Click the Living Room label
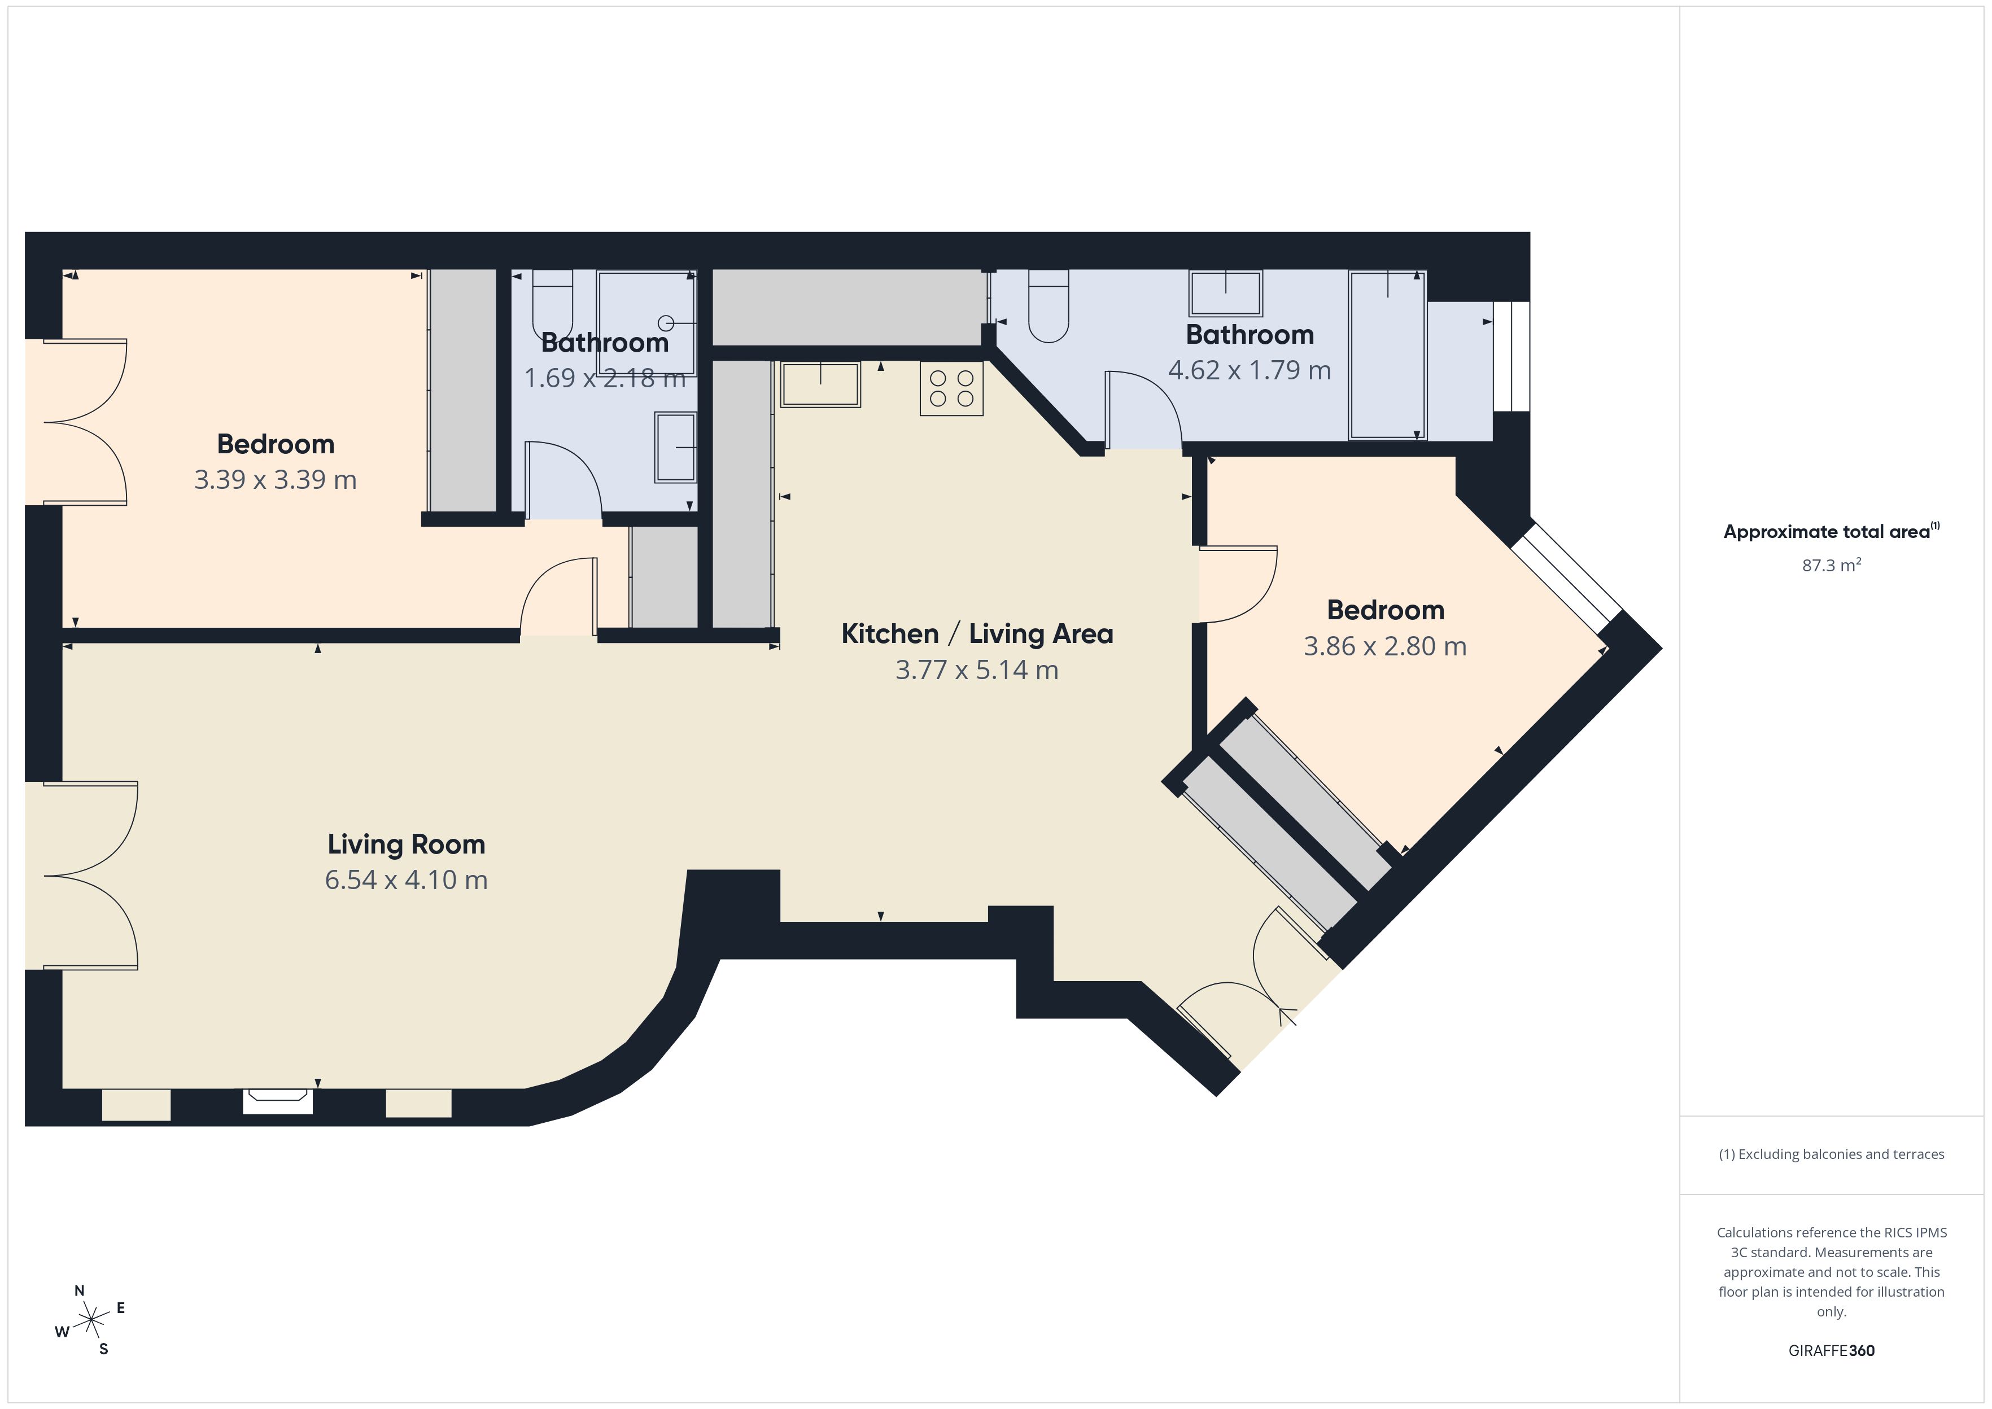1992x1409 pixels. click(x=406, y=844)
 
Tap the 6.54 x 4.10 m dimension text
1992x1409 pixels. click(x=406, y=879)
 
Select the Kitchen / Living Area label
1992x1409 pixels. click(x=977, y=635)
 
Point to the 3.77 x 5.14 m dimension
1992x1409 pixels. click(x=977, y=670)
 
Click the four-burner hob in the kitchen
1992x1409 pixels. click(x=952, y=389)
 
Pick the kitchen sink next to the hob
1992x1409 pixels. click(x=820, y=384)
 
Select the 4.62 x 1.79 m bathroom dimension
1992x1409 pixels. click(x=1250, y=370)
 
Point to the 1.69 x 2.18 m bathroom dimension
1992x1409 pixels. click(x=605, y=378)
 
